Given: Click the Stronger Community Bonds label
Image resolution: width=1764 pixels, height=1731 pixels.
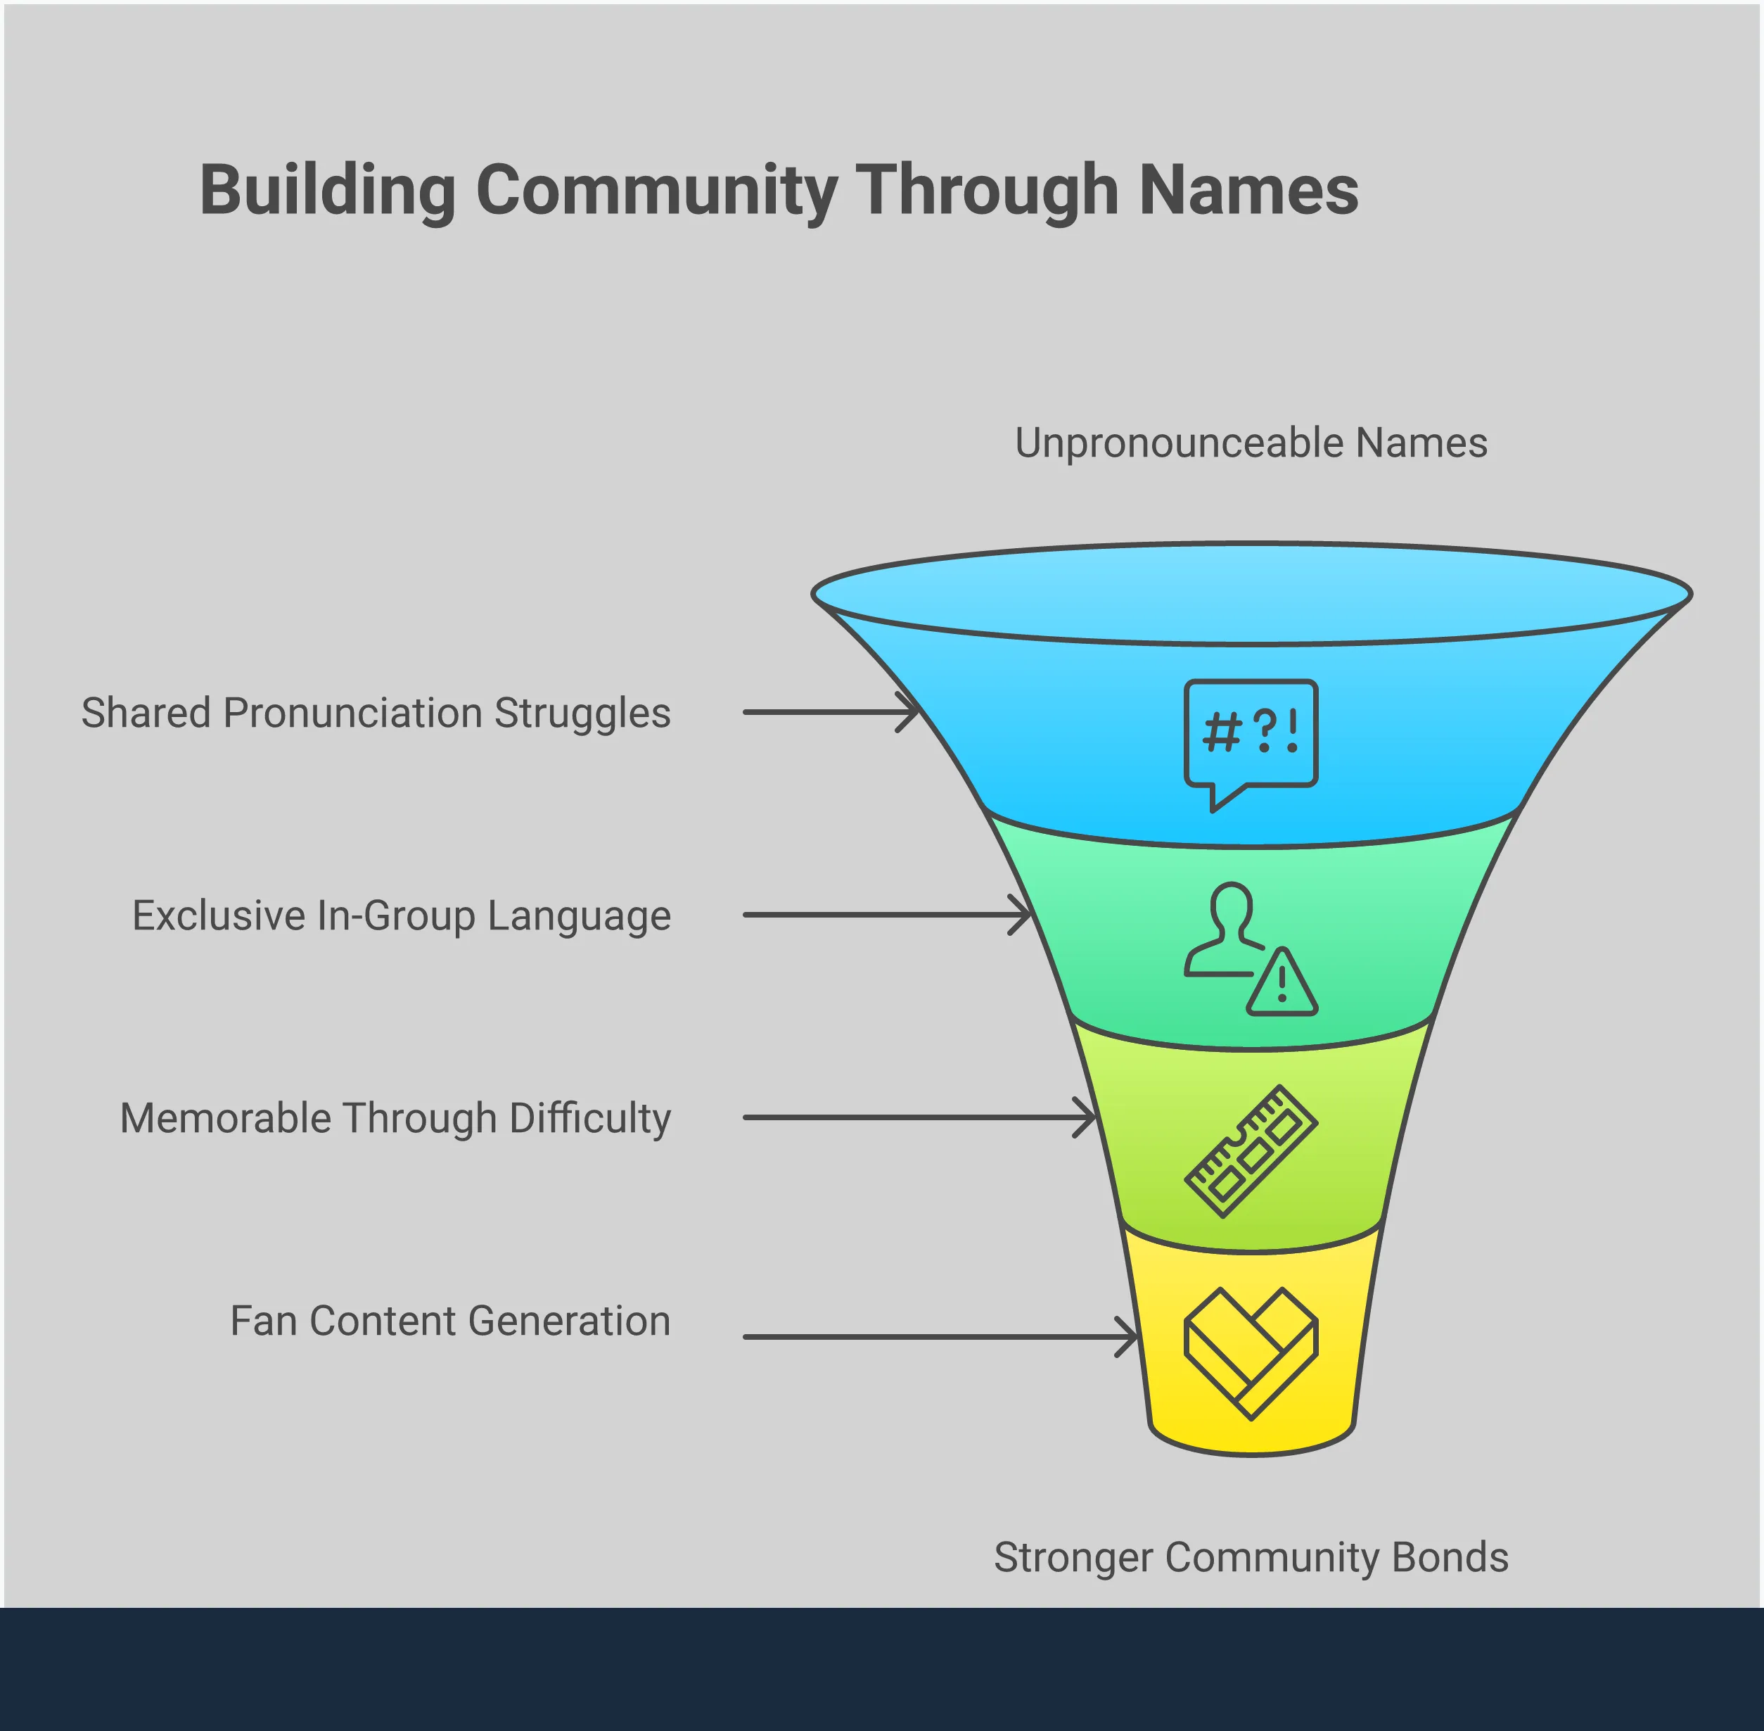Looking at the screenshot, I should [1251, 1557].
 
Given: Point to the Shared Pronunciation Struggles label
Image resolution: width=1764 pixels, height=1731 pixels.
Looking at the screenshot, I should [376, 714].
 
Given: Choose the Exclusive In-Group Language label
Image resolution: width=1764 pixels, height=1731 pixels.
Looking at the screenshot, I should [402, 916].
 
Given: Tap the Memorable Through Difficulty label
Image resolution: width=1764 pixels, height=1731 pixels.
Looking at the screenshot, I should [395, 1119].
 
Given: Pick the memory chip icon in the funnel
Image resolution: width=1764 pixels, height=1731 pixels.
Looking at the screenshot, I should [1251, 1151].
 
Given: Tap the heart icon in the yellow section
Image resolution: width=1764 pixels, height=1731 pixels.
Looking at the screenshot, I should [1251, 1353].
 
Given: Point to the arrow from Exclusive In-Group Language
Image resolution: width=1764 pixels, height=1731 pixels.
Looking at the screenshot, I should [886, 915].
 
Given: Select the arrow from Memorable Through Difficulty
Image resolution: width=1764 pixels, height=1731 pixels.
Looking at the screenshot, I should [919, 1118].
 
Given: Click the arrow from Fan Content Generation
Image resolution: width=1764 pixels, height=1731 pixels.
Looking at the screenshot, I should [940, 1338].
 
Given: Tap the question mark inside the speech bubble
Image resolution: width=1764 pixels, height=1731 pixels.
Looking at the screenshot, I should [1264, 731].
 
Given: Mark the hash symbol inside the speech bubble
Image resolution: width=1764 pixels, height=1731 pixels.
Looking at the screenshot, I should [1222, 732].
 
